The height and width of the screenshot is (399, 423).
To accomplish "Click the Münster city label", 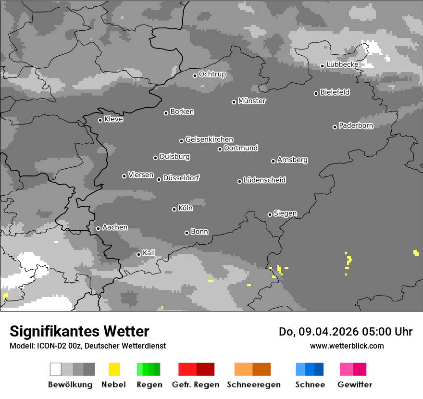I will pyautogui.click(x=252, y=101).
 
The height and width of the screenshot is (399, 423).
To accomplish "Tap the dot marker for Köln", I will pyautogui.click(x=174, y=209).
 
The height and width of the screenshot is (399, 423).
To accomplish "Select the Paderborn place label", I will pyautogui.click(x=356, y=125).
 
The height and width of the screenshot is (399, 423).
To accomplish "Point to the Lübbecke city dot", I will pyautogui.click(x=322, y=66).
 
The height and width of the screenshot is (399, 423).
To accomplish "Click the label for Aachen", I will pyautogui.click(x=115, y=227).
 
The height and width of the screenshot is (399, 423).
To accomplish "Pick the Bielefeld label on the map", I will pyautogui.click(x=335, y=92).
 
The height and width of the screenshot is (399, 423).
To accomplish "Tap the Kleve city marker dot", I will pyautogui.click(x=100, y=120).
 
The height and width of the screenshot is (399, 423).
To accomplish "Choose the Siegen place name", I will pyautogui.click(x=285, y=213).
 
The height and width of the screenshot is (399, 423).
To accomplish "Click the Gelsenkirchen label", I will pyautogui.click(x=209, y=139).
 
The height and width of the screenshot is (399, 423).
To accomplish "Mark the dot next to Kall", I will pyautogui.click(x=138, y=254).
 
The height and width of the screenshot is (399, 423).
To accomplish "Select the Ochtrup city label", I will pyautogui.click(x=212, y=74).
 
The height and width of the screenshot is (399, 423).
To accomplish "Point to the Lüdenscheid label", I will pyautogui.click(x=264, y=180).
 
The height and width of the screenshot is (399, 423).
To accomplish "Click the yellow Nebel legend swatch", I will pyautogui.click(x=114, y=369).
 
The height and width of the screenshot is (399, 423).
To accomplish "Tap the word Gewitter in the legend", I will pyautogui.click(x=355, y=385).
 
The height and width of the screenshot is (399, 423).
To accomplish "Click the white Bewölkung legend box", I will pyautogui.click(x=55, y=369).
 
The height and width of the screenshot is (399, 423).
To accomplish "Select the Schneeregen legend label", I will pyautogui.click(x=254, y=385).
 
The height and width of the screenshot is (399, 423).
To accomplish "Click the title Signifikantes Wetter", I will pyautogui.click(x=79, y=331).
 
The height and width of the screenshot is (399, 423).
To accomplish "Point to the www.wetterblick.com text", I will pyautogui.click(x=347, y=346).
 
